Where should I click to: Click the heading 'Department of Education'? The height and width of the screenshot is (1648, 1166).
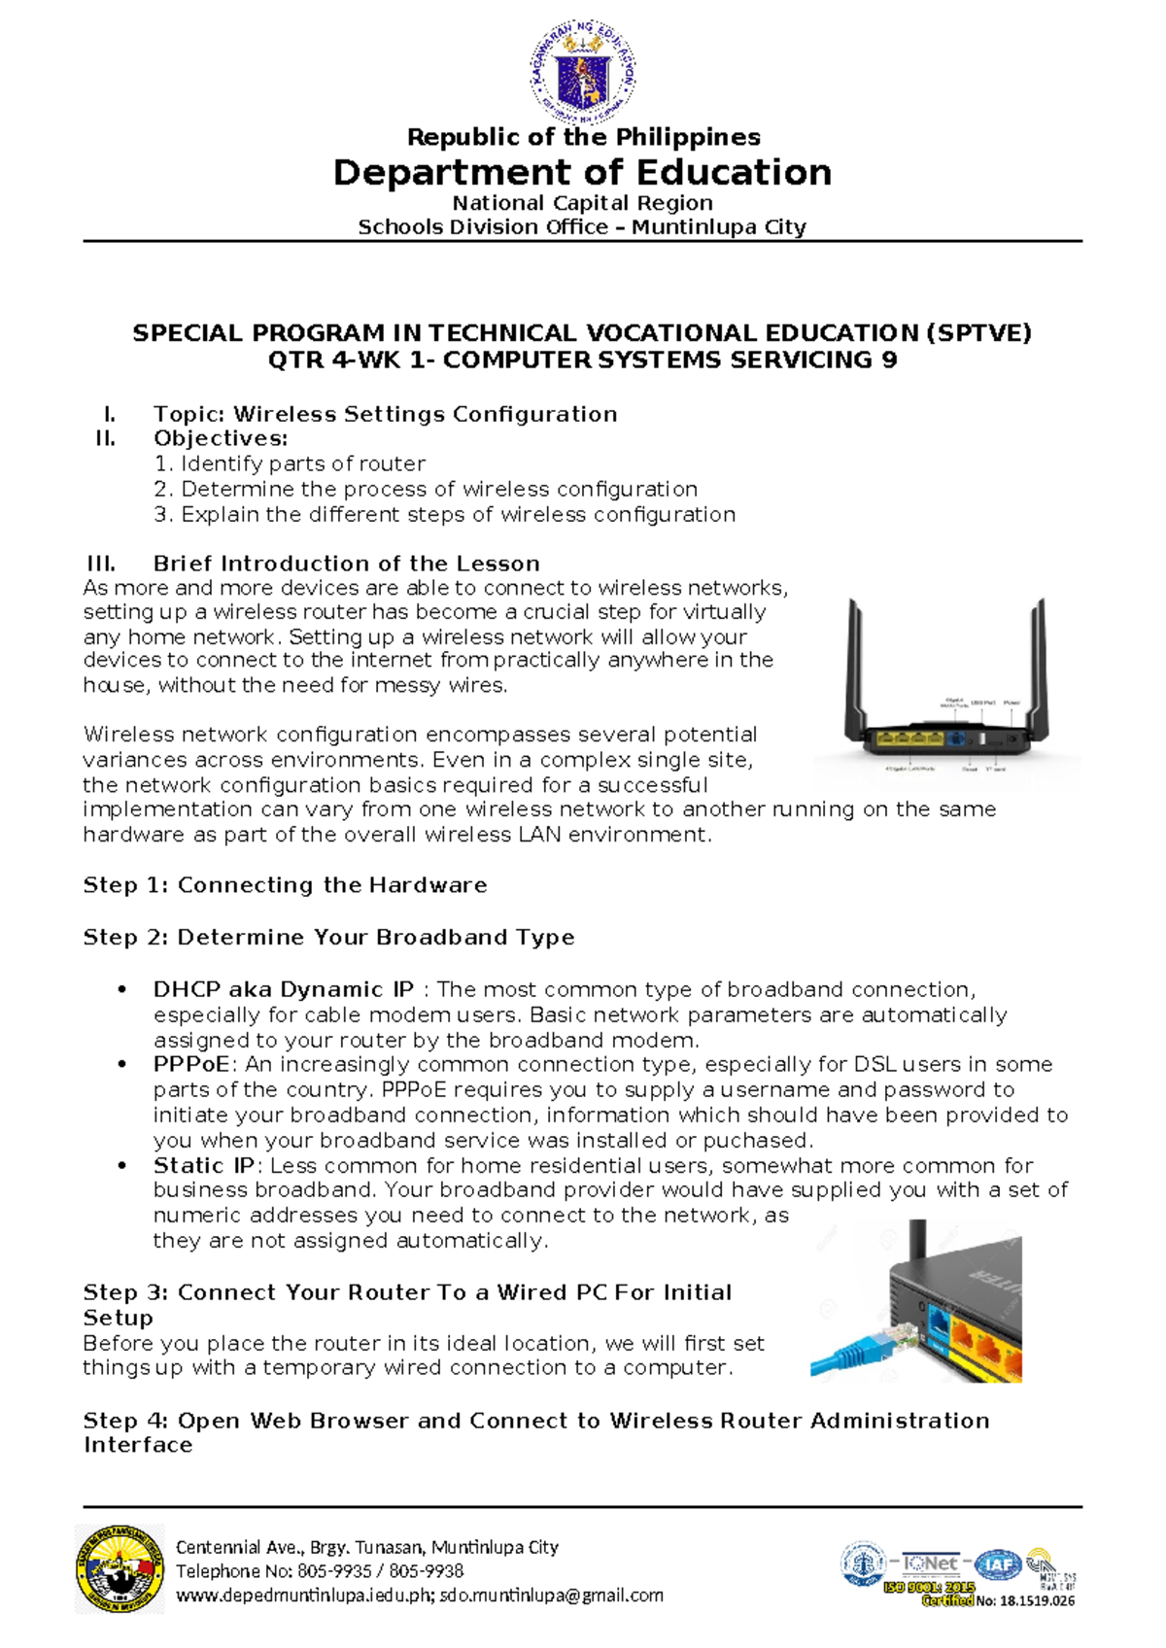[x=582, y=173]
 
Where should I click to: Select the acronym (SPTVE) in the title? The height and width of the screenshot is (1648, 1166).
[x=978, y=333]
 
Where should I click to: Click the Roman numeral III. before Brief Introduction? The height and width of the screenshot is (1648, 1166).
[x=101, y=564]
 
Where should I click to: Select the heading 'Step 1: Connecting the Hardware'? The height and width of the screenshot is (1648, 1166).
[x=285, y=885]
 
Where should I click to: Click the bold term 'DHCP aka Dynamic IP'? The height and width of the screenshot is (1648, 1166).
[x=283, y=989]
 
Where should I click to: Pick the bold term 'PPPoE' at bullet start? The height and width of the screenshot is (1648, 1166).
[x=190, y=1064]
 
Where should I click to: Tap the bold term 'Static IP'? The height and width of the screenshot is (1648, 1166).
[x=203, y=1165]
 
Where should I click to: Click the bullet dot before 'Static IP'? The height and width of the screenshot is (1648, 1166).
[x=121, y=1165]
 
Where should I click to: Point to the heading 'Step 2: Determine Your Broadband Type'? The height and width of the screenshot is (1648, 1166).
[x=328, y=938]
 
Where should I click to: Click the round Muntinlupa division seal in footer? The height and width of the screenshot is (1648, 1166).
[x=120, y=1569]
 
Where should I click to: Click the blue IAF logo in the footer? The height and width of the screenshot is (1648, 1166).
[x=997, y=1564]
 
